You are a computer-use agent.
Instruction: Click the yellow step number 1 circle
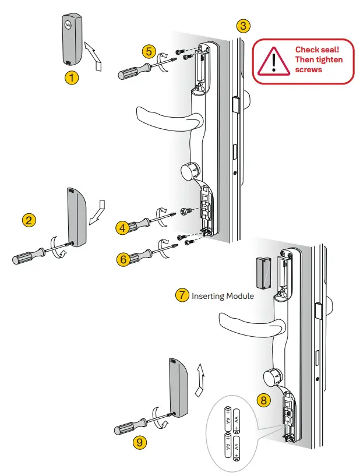click(72, 77)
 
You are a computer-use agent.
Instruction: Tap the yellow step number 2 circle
click(29, 220)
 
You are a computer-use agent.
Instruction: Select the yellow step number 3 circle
click(244, 26)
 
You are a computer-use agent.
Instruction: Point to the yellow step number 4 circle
click(122, 228)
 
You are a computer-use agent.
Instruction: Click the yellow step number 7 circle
click(182, 295)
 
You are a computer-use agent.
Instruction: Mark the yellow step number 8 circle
click(264, 400)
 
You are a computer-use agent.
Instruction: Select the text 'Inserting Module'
click(223, 296)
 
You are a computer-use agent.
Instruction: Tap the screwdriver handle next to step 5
click(129, 72)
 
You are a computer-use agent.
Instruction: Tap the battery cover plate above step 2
click(78, 217)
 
